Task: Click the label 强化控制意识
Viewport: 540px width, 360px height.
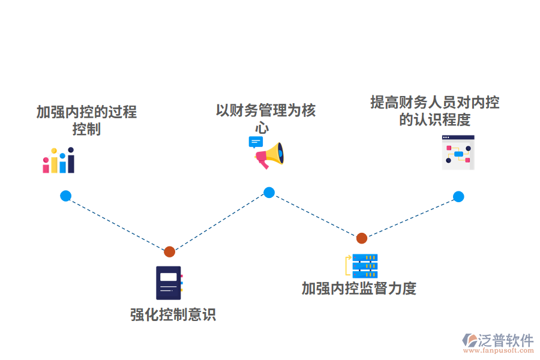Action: coord(173,314)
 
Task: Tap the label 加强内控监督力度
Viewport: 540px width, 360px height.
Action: coord(359,289)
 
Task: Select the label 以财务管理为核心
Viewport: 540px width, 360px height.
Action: coord(265,118)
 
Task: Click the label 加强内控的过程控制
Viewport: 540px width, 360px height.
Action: coord(86,120)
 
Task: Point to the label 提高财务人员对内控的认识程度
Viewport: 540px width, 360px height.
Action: coord(434,110)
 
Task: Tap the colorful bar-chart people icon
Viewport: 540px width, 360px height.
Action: coord(58,161)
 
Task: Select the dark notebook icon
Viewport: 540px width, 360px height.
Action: coord(169,283)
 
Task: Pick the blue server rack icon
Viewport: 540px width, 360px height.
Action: coord(364,266)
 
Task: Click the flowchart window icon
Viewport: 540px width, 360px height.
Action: coord(458,152)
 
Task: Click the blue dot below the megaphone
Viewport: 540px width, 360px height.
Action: coord(269,193)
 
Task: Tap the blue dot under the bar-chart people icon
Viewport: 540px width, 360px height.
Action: coord(65,196)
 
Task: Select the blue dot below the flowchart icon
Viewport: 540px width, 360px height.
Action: coord(458,196)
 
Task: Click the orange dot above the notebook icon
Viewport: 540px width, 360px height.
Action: coord(170,251)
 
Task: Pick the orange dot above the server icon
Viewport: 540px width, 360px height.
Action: coord(361,238)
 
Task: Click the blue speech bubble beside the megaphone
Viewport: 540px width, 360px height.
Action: coord(256,142)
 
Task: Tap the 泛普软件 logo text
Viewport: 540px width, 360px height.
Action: coord(506,340)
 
